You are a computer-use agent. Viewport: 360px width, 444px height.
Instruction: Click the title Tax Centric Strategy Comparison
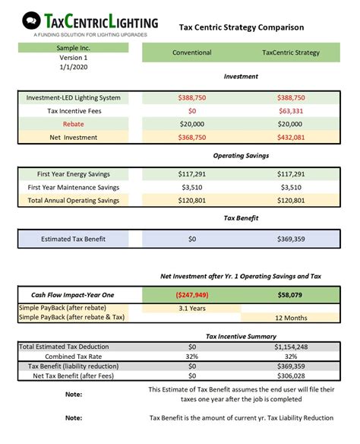tap(242, 27)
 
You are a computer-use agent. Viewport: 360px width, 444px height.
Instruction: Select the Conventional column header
tap(192, 52)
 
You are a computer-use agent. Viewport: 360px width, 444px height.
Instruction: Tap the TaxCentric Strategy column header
tap(291, 52)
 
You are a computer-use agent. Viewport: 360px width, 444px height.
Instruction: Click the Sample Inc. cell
tap(73, 48)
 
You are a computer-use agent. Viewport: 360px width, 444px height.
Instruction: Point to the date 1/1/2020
tap(73, 68)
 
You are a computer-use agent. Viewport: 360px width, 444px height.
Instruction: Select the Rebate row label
tap(73, 124)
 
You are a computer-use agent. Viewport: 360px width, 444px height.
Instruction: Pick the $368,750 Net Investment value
tap(192, 137)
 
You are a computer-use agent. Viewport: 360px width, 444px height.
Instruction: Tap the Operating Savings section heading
tap(242, 155)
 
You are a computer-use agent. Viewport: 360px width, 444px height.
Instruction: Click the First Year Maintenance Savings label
tap(73, 187)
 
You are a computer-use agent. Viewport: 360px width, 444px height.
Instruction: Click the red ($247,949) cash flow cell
tap(192, 293)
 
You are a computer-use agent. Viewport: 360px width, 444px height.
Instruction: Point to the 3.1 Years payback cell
tap(192, 307)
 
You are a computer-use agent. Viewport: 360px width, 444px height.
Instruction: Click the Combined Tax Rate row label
tap(73, 356)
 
